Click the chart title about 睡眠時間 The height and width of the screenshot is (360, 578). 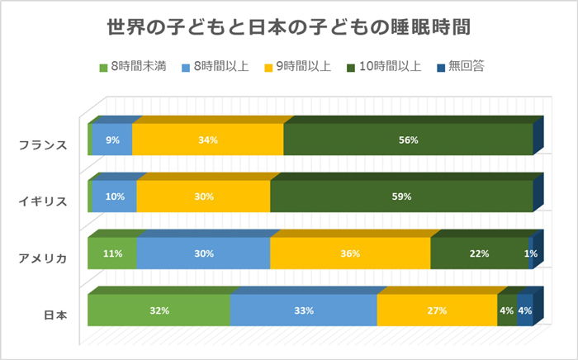tap(289, 26)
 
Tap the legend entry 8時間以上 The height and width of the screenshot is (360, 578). tap(220, 67)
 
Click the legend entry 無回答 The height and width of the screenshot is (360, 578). tap(467, 67)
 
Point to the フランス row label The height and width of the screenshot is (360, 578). tap(42, 144)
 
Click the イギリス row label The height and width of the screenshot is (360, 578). tap(42, 201)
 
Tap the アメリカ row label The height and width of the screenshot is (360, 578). tap(42, 258)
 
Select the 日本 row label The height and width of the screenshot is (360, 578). tap(55, 314)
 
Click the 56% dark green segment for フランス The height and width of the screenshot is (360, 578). tap(408, 140)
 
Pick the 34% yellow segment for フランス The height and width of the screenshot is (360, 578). tap(207, 140)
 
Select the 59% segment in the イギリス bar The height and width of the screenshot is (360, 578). tap(401, 197)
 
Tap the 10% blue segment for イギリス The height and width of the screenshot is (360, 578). tap(114, 197)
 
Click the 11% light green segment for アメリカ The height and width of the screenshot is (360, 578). tap(113, 253)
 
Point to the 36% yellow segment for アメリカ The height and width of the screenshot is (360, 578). tap(349, 253)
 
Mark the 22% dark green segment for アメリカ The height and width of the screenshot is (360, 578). tap(479, 253)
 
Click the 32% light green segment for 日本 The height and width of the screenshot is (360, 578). tap(159, 310)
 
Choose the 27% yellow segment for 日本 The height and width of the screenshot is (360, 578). tap(437, 310)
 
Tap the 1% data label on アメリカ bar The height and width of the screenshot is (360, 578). tap(532, 253)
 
